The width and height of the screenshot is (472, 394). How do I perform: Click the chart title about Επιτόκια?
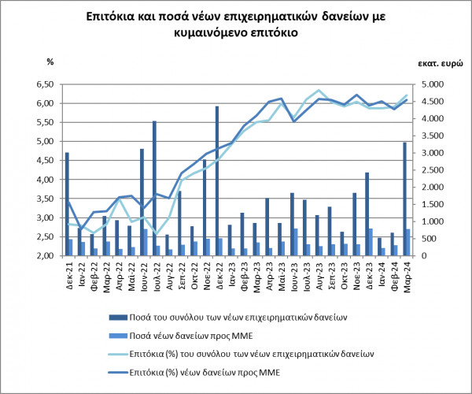236,26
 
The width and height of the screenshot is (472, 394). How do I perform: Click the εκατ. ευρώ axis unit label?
430,60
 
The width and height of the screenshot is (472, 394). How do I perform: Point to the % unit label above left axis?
50,60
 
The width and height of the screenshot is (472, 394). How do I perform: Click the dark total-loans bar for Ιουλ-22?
154,188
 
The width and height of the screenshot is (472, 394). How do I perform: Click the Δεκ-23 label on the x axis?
369,273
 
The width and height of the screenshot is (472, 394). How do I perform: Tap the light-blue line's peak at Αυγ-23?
318,91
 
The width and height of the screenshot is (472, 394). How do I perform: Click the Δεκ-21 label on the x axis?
69,273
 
